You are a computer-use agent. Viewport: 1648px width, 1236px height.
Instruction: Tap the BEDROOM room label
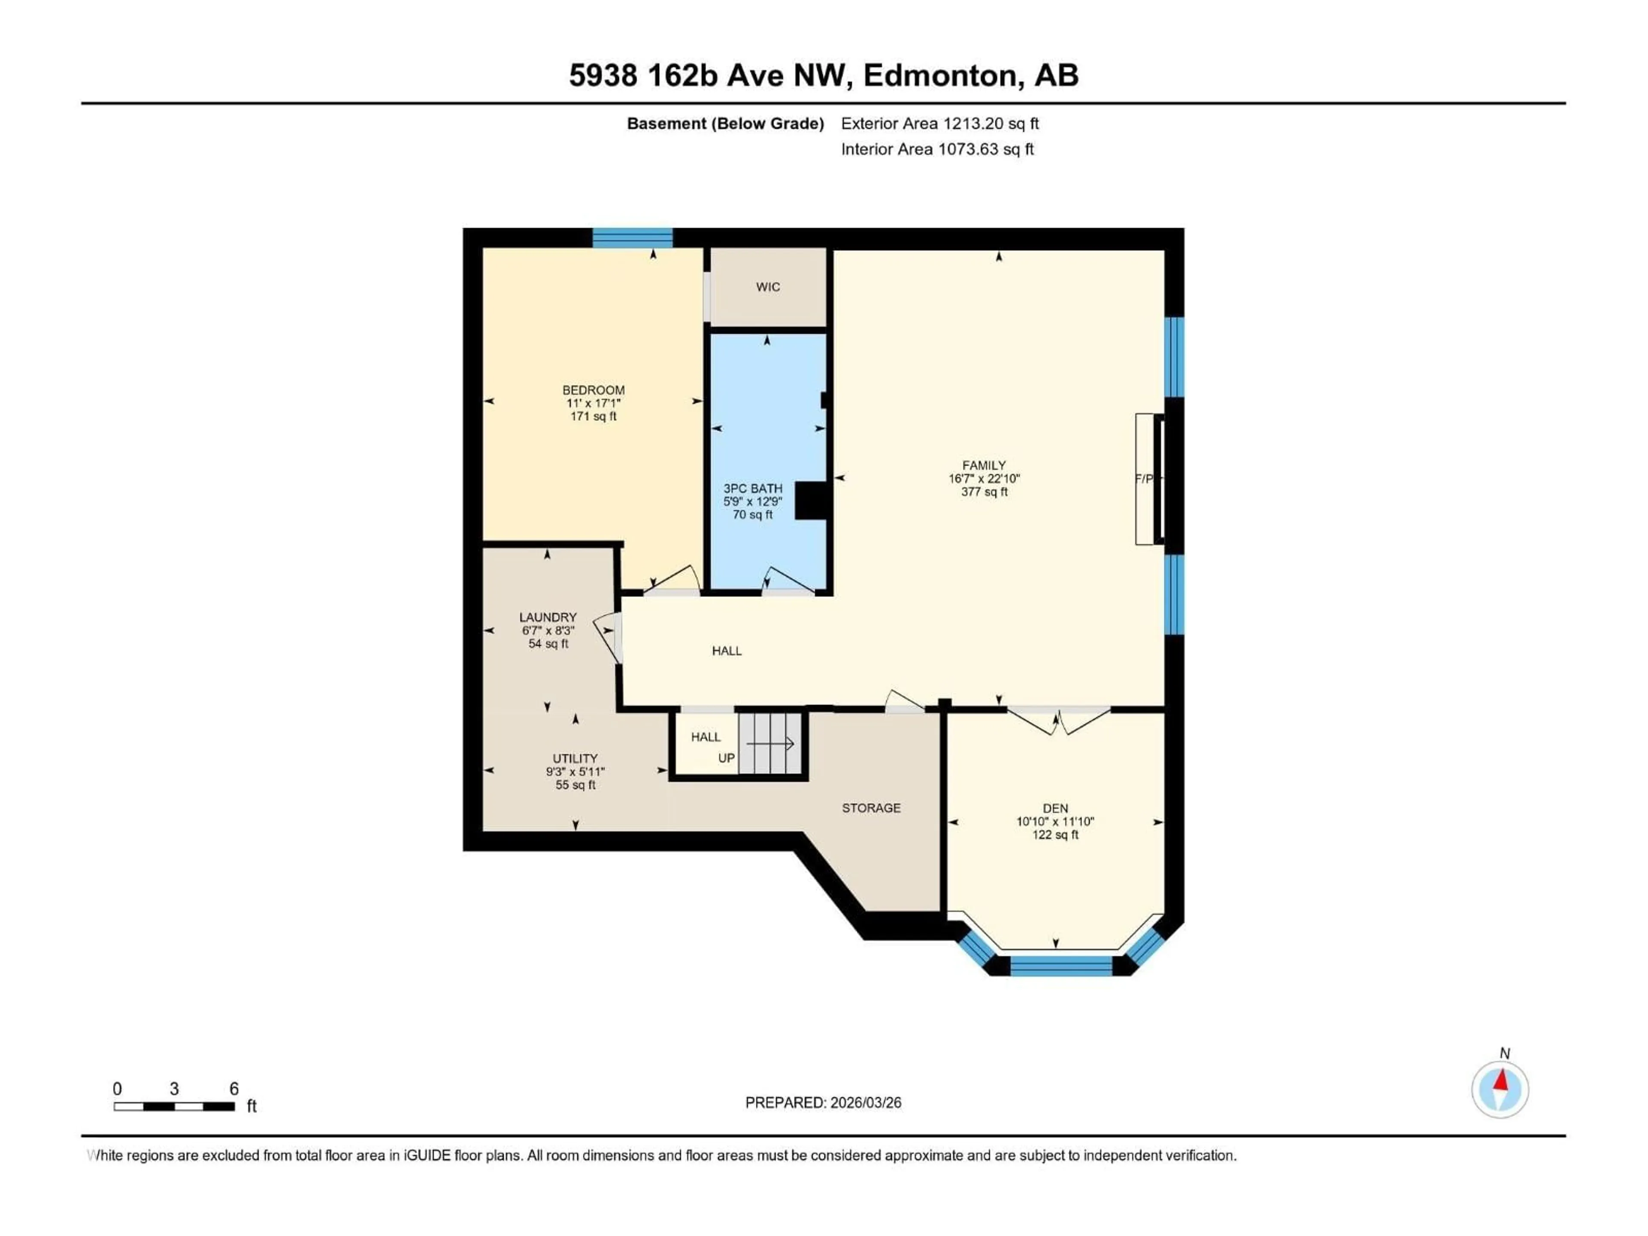pos(593,390)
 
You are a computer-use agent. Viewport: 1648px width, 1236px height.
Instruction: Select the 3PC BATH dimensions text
pos(752,501)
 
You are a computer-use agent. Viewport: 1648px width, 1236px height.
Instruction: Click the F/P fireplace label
pos(1144,479)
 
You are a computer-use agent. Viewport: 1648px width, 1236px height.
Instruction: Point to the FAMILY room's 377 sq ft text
pos(984,492)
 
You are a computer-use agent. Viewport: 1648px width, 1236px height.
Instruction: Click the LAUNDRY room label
pos(548,617)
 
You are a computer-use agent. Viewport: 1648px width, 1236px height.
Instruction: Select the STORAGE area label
pos(871,808)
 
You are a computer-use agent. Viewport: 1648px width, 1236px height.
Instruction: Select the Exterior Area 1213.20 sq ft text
pos(939,124)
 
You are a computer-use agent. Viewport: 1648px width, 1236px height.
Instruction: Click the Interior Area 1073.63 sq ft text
pos(937,149)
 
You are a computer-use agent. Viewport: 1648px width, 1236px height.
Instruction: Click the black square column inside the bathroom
pos(811,500)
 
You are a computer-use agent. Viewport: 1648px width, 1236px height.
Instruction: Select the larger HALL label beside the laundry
pos(727,651)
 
